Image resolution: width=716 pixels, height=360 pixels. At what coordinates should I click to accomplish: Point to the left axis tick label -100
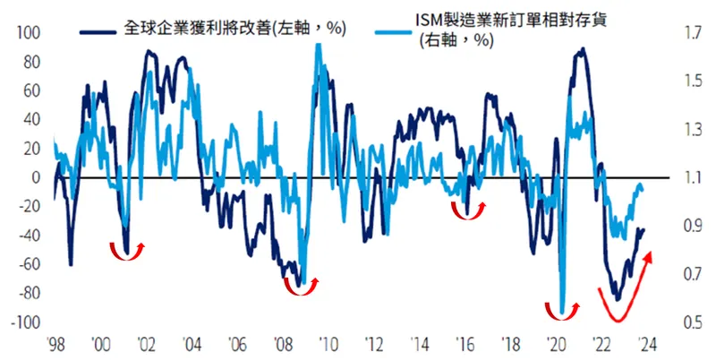[x=27, y=321]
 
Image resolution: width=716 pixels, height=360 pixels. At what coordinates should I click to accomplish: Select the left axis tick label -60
[x=30, y=264]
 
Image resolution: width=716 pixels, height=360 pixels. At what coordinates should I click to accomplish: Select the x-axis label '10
[x=327, y=343]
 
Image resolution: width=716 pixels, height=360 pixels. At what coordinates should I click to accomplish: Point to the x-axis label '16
[x=464, y=343]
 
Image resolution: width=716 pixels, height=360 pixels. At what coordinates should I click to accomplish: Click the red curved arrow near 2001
[x=126, y=250]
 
